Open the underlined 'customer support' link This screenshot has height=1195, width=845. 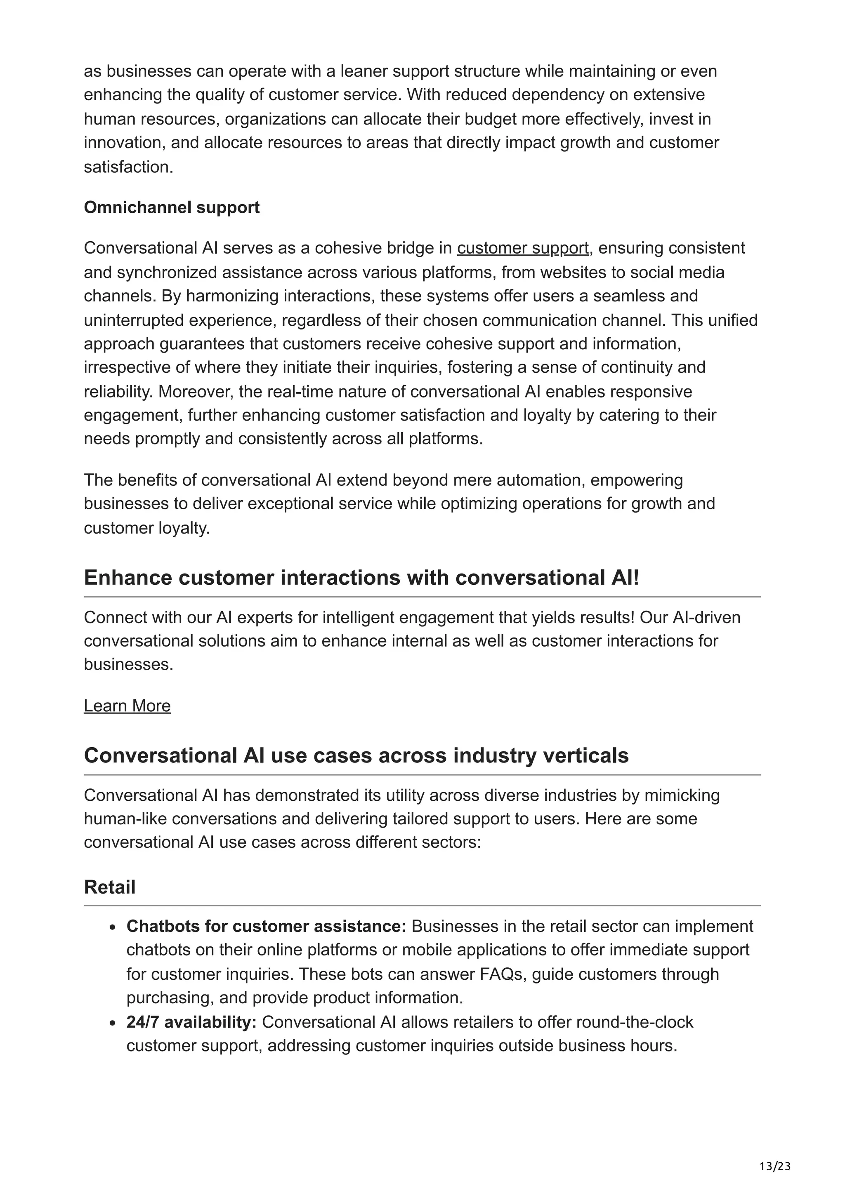pos(523,248)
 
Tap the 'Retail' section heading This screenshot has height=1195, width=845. pos(109,887)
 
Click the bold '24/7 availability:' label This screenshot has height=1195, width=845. pos(191,1022)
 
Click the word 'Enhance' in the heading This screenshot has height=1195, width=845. pos(127,578)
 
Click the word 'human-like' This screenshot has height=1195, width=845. pos(125,818)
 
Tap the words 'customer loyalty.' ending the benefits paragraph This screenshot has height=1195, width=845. pos(147,528)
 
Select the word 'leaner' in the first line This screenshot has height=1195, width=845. pos(364,71)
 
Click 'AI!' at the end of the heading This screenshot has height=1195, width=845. pos(623,578)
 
